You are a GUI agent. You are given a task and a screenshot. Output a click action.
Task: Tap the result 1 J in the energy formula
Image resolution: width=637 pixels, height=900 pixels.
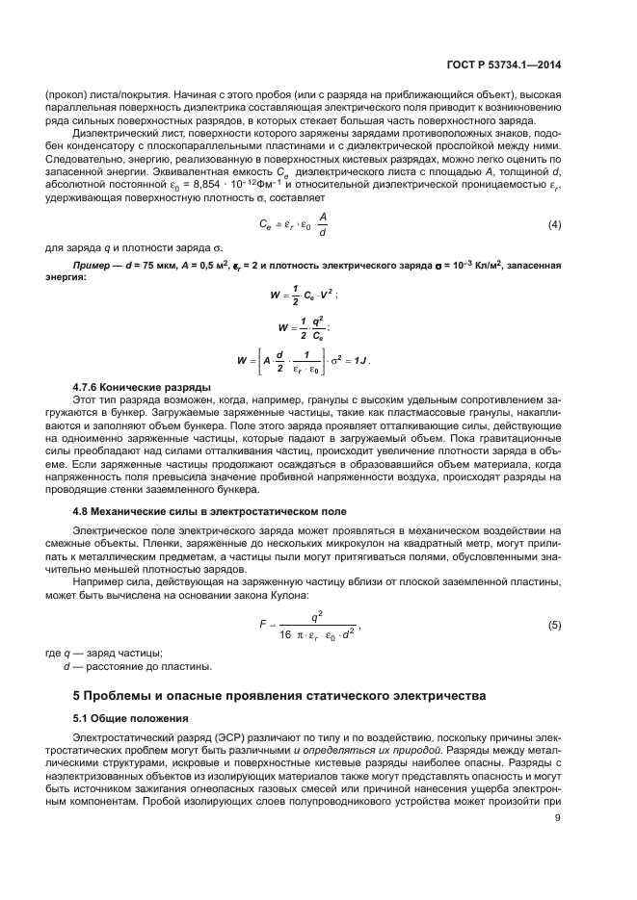click(x=363, y=361)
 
